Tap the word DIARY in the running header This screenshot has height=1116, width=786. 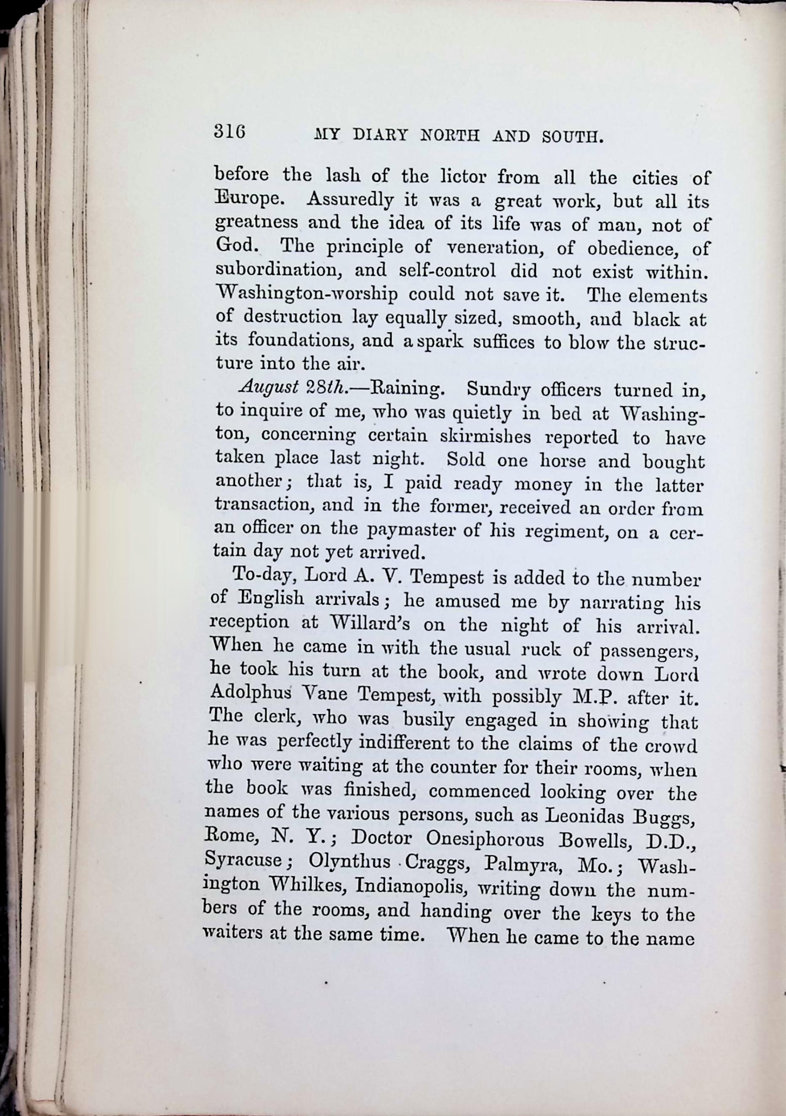380,136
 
